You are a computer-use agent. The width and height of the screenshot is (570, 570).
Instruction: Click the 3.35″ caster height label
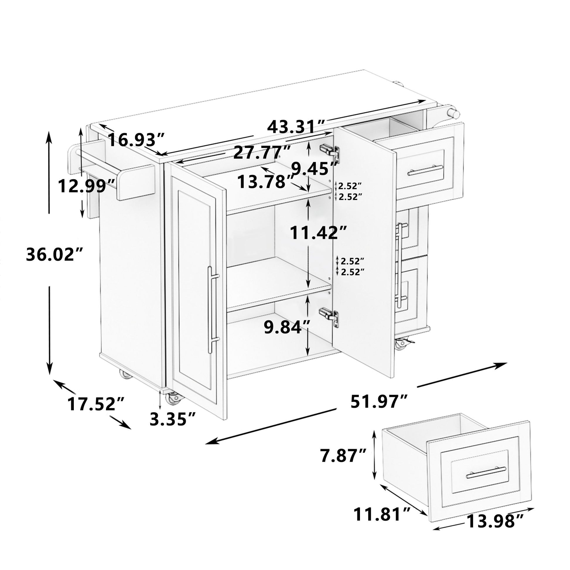tap(173, 419)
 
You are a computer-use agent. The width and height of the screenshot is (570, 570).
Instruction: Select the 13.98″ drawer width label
tap(494, 530)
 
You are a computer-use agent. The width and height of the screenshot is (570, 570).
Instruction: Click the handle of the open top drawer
tap(426, 170)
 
